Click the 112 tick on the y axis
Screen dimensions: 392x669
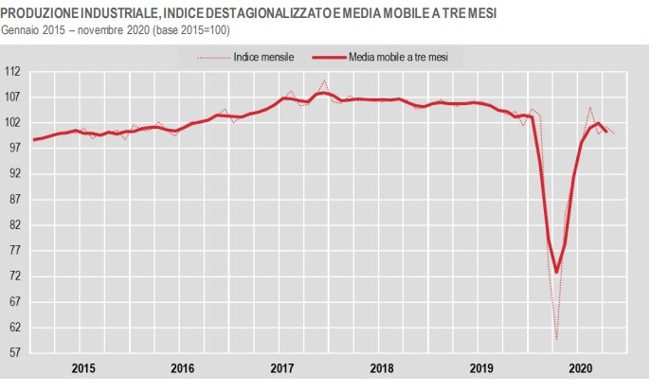tap(14, 71)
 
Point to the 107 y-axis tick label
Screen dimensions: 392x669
tap(14, 97)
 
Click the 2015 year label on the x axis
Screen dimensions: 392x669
tap(82, 367)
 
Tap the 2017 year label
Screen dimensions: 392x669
tap(282, 367)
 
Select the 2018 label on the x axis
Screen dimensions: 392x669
tap(382, 367)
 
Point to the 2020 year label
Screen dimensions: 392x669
tap(581, 367)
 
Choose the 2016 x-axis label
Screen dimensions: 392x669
tap(183, 367)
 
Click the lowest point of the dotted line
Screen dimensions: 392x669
tap(556, 339)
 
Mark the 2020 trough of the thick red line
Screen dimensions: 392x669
tap(556, 272)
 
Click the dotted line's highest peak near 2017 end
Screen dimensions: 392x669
tap(325, 80)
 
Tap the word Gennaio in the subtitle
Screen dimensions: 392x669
tap(22, 29)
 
